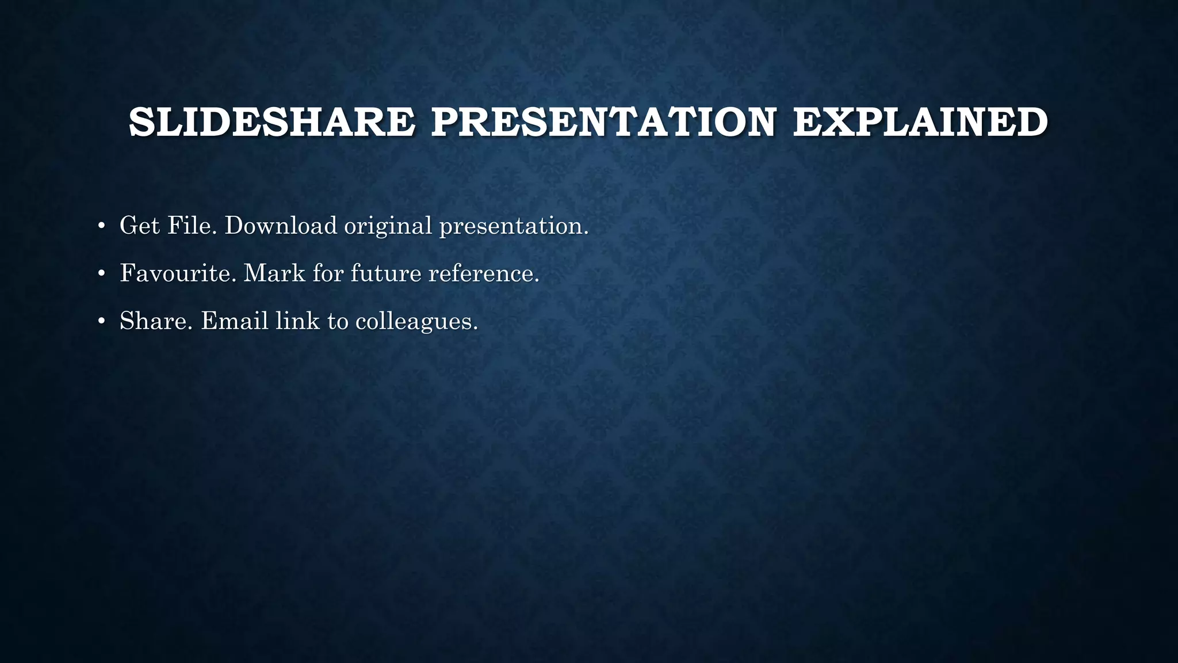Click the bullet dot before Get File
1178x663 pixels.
point(102,226)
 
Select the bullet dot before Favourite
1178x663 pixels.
point(102,274)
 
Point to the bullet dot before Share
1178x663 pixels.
point(102,322)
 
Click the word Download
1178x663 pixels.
point(281,225)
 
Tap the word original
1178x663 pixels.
point(388,225)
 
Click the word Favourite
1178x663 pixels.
point(178,273)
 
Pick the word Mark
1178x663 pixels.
point(274,273)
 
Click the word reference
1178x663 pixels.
point(484,273)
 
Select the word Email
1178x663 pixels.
point(234,321)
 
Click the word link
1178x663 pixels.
point(297,321)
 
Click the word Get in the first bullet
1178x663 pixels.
point(140,225)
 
